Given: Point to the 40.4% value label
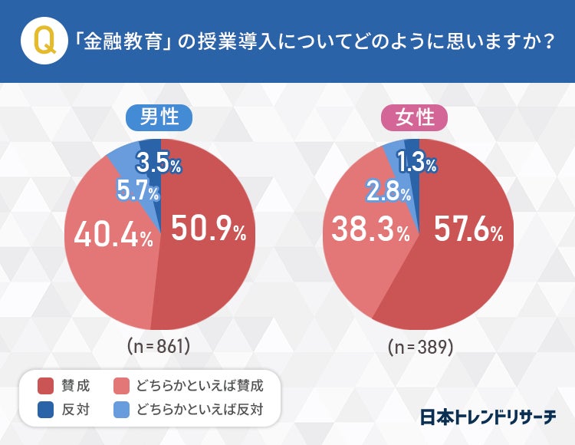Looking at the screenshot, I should tap(113, 236).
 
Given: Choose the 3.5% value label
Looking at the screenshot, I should tap(158, 164).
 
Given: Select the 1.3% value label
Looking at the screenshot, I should tap(416, 163).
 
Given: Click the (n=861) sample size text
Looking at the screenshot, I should tap(159, 346).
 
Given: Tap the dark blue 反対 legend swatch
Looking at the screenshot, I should tap(44, 409).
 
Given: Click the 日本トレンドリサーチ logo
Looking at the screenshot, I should tap(488, 417).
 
